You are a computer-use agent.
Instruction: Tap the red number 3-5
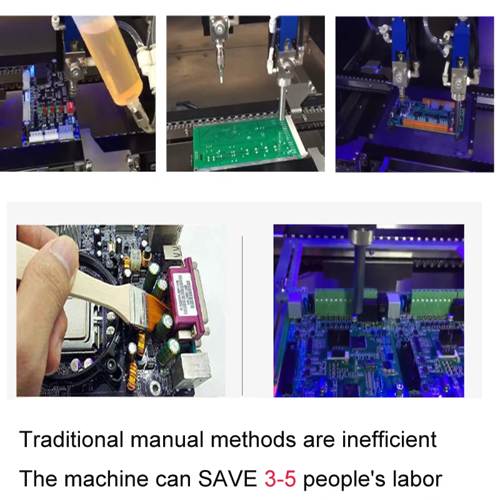point(280,479)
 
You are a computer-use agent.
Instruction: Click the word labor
point(418,479)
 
